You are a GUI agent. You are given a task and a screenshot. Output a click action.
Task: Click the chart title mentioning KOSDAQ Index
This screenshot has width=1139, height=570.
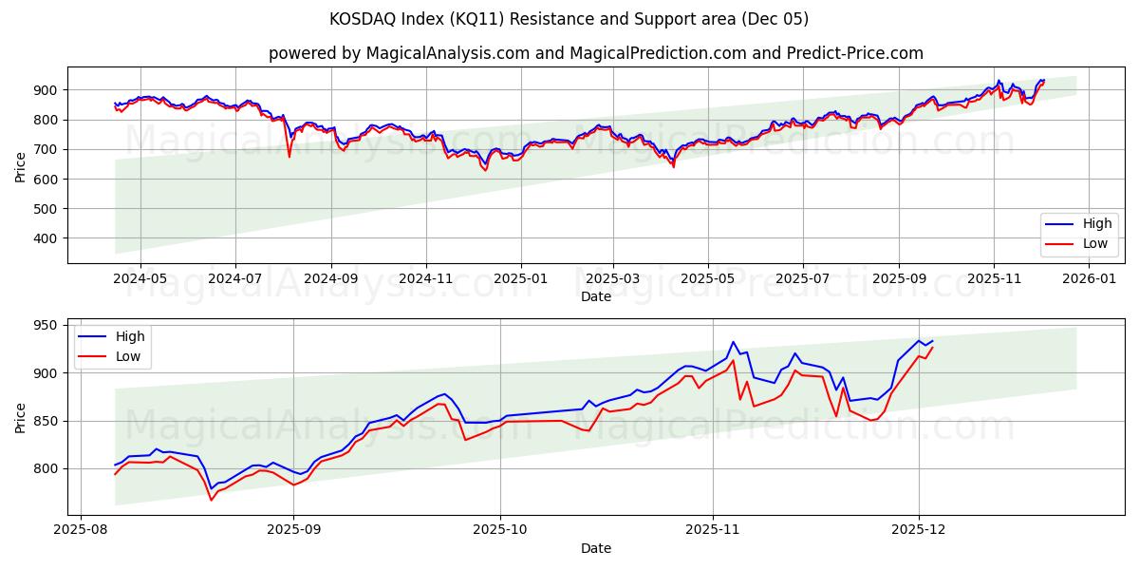coord(569,19)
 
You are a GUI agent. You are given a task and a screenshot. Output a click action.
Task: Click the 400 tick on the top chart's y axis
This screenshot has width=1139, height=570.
coord(46,238)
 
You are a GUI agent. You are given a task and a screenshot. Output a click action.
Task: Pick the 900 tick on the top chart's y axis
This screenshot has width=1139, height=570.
coord(46,90)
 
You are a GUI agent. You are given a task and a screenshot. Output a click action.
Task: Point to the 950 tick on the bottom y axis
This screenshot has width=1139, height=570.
coord(46,326)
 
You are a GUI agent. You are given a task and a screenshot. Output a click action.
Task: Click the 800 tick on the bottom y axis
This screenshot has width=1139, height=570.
coord(46,468)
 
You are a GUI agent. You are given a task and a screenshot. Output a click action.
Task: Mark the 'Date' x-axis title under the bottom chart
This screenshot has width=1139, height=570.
coord(595,548)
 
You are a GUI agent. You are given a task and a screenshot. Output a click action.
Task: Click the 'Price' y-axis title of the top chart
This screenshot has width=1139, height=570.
coord(21,165)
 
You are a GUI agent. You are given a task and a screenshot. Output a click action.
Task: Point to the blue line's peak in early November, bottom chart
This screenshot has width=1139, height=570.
coord(733,342)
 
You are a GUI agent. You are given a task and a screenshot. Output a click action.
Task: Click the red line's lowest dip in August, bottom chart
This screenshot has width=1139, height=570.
coord(211,500)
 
